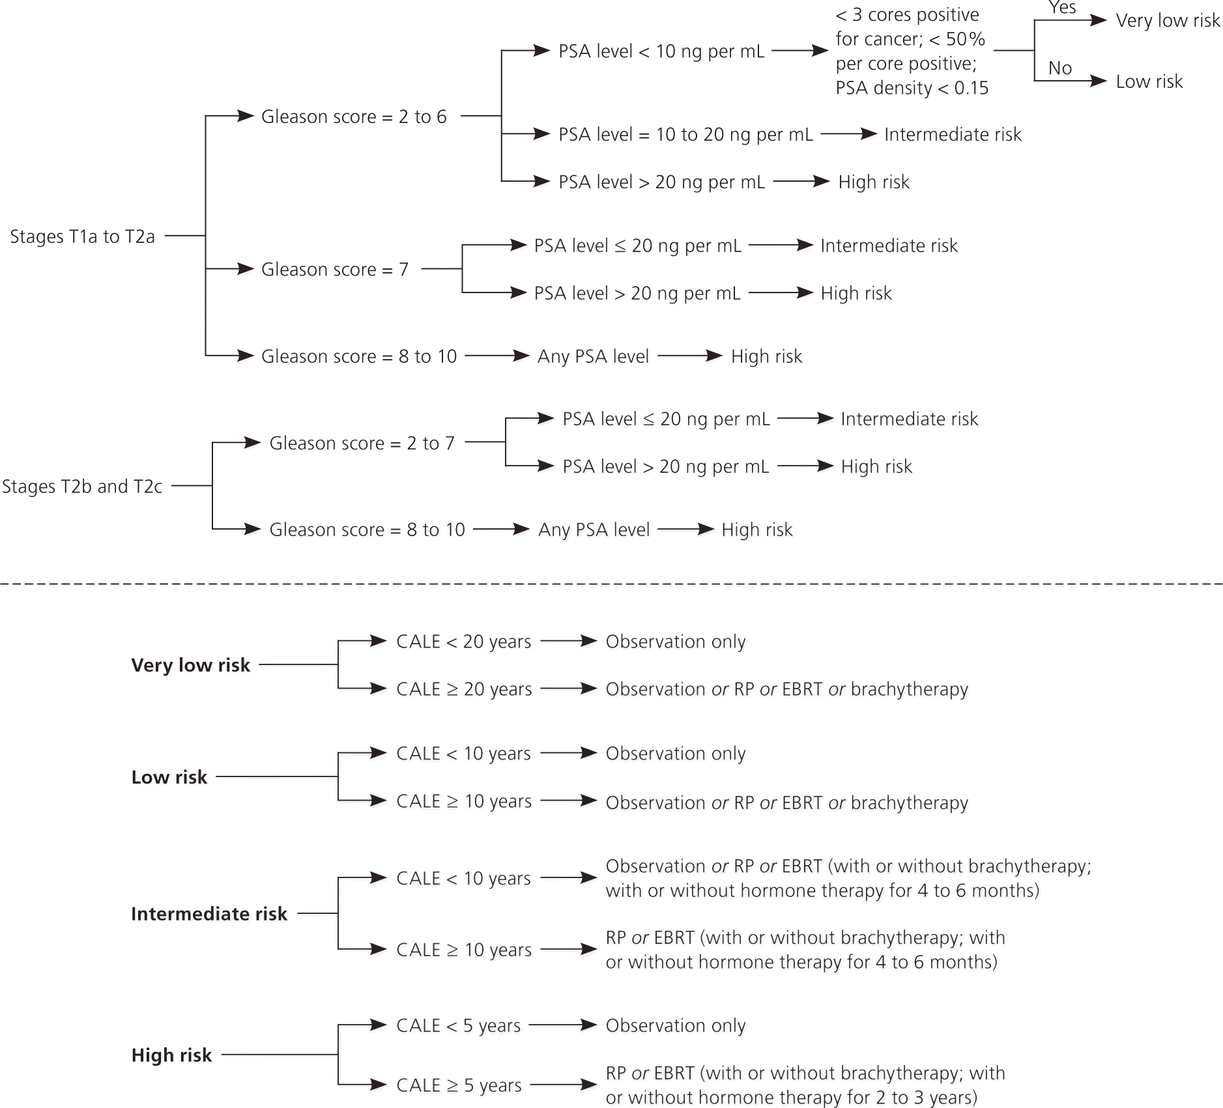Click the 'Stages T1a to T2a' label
click(x=82, y=236)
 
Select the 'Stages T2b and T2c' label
click(x=82, y=487)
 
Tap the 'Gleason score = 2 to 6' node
click(x=354, y=117)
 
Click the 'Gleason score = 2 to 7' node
click(x=362, y=443)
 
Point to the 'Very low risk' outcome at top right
click(x=1168, y=21)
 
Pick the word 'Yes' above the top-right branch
click(x=1062, y=8)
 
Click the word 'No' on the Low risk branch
click(x=1060, y=68)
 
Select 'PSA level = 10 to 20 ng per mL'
click(x=685, y=135)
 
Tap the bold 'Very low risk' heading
click(x=190, y=665)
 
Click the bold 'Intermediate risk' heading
click(x=209, y=914)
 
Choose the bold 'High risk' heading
click(x=171, y=1055)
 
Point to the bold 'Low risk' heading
click(x=169, y=777)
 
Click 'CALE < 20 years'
click(x=463, y=642)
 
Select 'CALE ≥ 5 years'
click(x=459, y=1085)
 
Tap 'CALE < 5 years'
click(x=458, y=1025)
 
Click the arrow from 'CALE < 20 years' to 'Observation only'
click(x=568, y=641)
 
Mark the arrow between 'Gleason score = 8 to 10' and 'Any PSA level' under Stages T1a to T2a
click(x=496, y=356)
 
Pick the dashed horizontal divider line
click(x=611, y=584)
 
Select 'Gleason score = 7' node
click(x=334, y=269)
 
